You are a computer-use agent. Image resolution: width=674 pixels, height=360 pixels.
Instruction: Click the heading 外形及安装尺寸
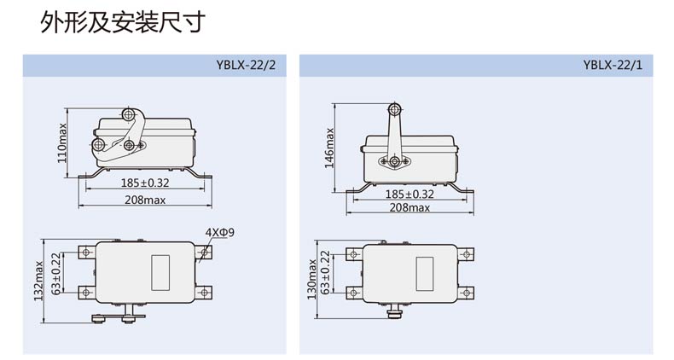tap(123, 22)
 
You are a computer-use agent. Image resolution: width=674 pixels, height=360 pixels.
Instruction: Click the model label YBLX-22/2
tap(246, 66)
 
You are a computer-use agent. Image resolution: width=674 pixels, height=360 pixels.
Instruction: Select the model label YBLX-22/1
tap(613, 66)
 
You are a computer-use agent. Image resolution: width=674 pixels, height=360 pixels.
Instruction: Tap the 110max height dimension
tap(63, 143)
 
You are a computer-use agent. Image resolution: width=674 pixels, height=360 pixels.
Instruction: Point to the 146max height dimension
tap(329, 148)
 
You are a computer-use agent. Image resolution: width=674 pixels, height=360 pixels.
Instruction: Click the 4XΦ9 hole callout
tap(219, 232)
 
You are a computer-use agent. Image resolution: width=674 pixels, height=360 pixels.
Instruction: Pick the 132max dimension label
tap(39, 281)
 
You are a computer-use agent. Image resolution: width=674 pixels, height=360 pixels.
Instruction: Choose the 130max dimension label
tap(312, 279)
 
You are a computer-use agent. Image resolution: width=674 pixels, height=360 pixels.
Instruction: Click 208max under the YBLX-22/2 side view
tap(145, 200)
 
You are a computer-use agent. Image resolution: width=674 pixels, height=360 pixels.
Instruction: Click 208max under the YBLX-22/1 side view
tap(410, 207)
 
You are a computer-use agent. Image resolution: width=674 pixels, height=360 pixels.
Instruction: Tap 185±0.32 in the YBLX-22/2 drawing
tap(145, 183)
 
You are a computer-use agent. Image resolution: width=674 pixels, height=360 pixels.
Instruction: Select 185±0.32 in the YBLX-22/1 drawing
tap(410, 194)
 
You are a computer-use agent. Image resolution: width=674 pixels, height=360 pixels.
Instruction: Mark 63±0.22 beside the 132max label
tap(55, 274)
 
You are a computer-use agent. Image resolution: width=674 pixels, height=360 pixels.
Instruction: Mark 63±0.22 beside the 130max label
tap(325, 272)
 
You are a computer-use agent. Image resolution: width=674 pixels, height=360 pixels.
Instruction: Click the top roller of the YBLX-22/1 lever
tap(394, 109)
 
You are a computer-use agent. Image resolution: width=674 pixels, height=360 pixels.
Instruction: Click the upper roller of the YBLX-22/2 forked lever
tap(128, 114)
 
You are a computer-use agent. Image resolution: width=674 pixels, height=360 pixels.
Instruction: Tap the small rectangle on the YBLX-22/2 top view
tap(160, 272)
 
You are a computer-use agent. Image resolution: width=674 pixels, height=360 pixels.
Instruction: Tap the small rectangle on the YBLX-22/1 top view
tap(425, 274)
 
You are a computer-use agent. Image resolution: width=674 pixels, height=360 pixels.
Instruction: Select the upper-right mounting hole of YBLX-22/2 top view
tap(204, 252)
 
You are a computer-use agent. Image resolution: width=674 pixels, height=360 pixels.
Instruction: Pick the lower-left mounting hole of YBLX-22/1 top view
tap(353, 293)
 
